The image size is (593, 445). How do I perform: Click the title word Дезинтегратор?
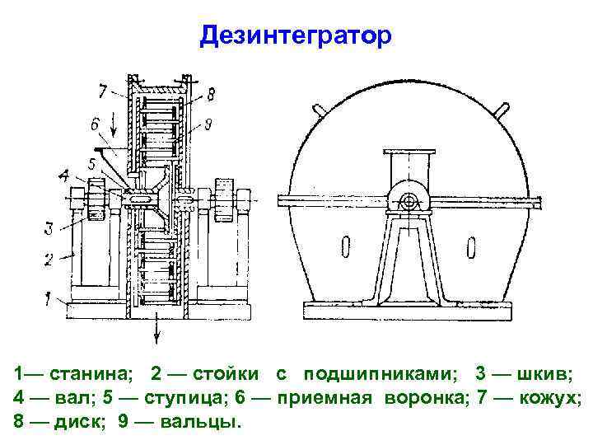click(297, 35)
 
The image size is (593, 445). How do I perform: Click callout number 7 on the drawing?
click(102, 88)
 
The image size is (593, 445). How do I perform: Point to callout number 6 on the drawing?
click(96, 124)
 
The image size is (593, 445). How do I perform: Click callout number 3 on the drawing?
click(49, 227)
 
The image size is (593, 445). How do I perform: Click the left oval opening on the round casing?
click(343, 247)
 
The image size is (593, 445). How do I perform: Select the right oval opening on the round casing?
click(470, 247)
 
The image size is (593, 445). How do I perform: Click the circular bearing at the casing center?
click(407, 200)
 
